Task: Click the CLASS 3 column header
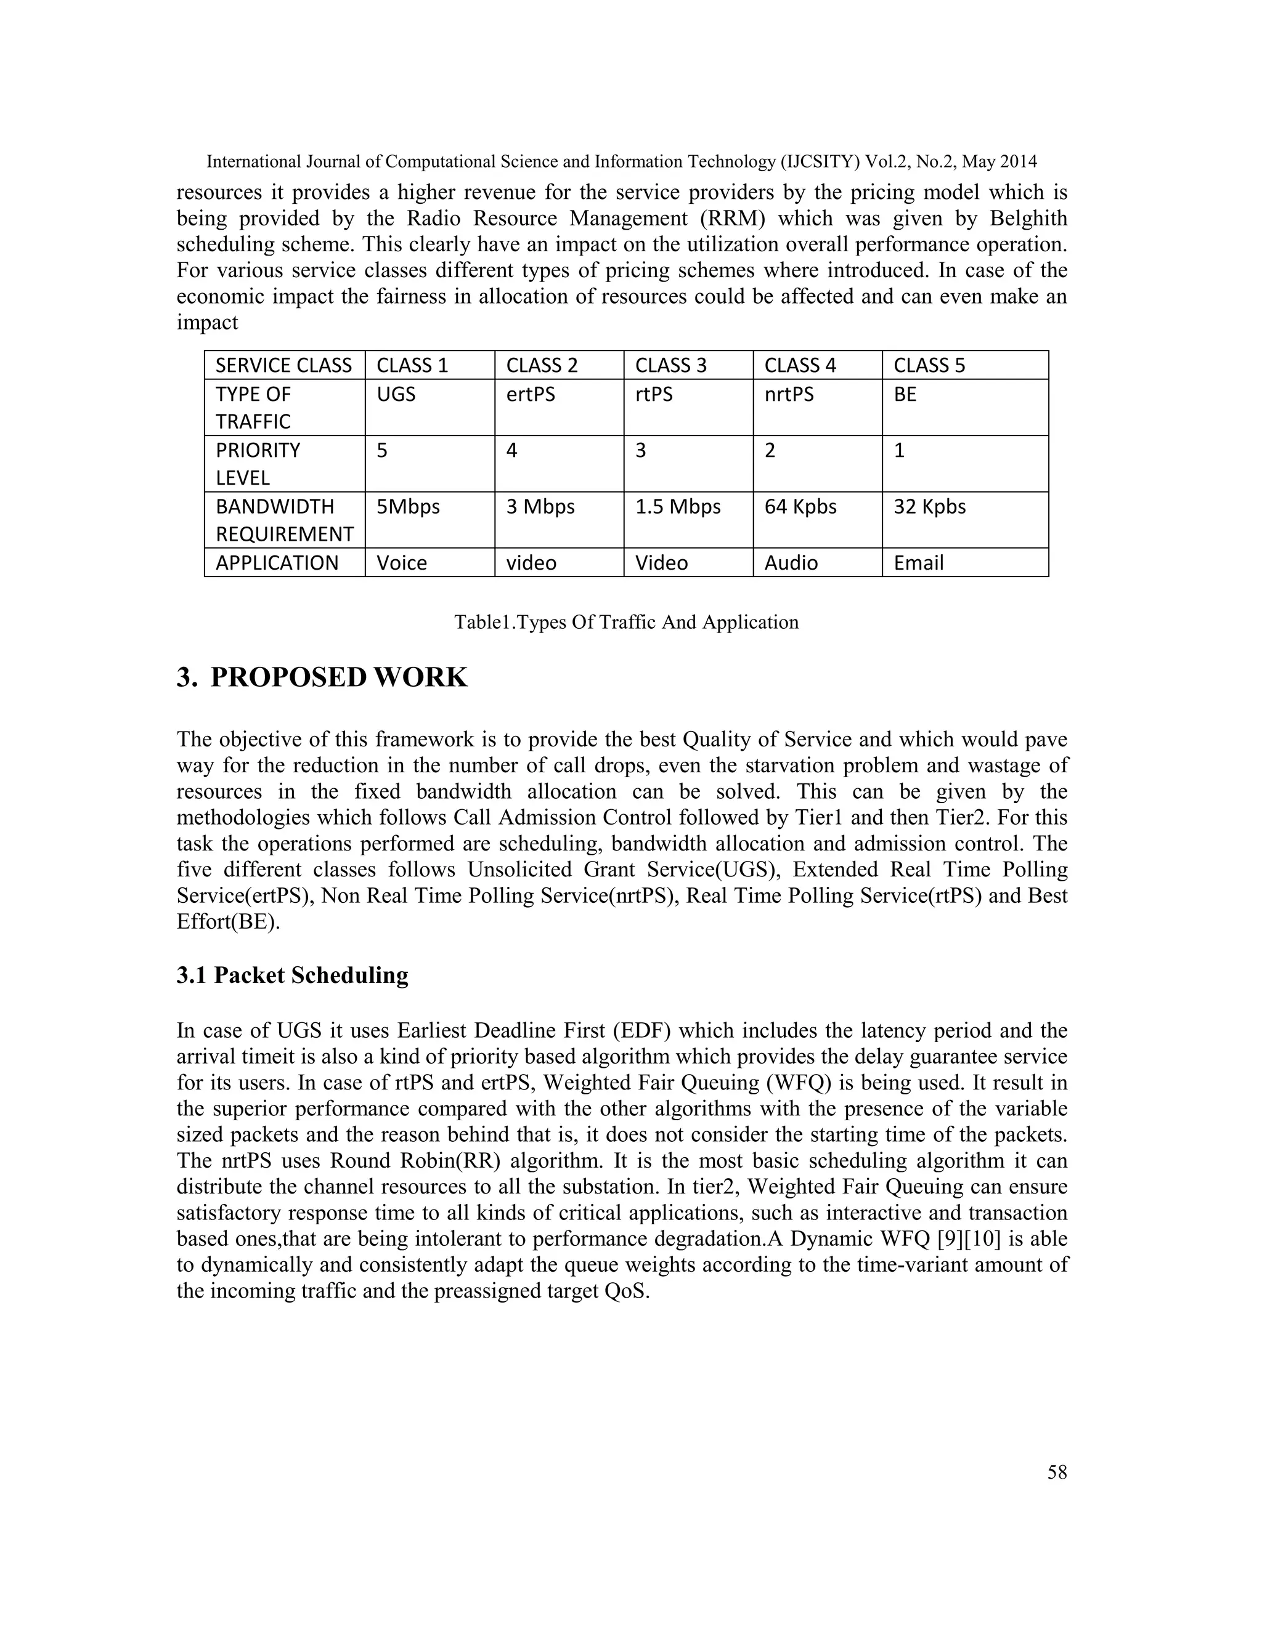point(670,365)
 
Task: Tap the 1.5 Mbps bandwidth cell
point(677,507)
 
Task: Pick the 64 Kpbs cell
point(800,507)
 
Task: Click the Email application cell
point(918,563)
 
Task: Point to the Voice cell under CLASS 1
point(402,563)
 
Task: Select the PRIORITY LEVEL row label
point(258,463)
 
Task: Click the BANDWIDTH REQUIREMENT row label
point(283,520)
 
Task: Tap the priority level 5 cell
point(382,451)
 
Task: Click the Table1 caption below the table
point(626,622)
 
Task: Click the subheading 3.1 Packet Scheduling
point(292,975)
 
